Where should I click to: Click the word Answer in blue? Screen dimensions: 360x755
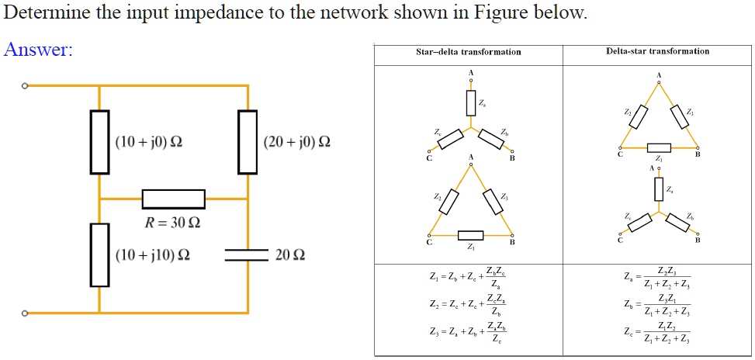coord(38,50)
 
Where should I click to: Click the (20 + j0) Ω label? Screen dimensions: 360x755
coord(296,142)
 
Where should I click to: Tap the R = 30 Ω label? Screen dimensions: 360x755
coord(172,223)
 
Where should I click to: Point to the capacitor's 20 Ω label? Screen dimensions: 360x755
coord(290,255)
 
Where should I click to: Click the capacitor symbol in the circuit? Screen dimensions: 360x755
coord(248,254)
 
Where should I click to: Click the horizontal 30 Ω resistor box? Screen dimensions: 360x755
coord(174,199)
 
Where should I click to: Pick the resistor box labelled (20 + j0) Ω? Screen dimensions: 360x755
coord(248,142)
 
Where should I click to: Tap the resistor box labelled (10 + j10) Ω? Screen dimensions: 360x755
coord(99,254)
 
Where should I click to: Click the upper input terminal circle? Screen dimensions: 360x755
coord(25,85)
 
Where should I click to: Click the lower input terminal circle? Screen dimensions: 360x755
coord(25,313)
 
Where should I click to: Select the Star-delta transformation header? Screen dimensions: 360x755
coord(468,52)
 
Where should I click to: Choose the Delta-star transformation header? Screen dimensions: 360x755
coord(657,51)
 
